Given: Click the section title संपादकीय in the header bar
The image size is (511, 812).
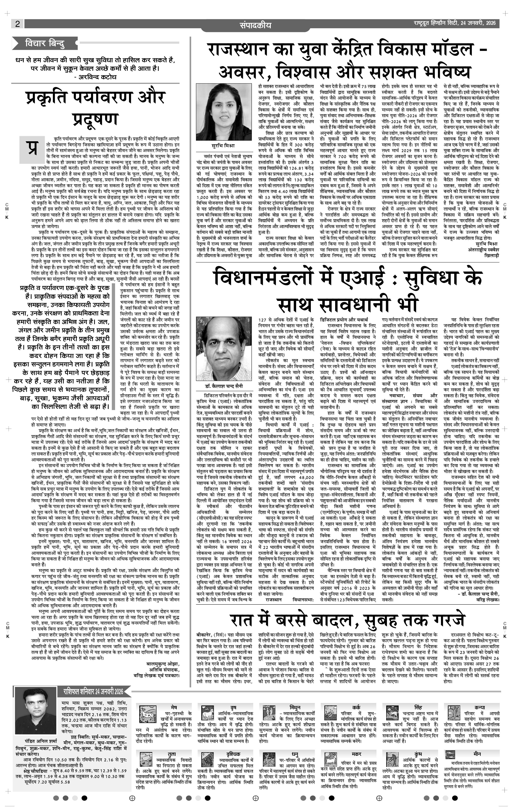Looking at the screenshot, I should (x=255, y=25).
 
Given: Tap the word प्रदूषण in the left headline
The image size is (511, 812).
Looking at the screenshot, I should (x=96, y=119).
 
